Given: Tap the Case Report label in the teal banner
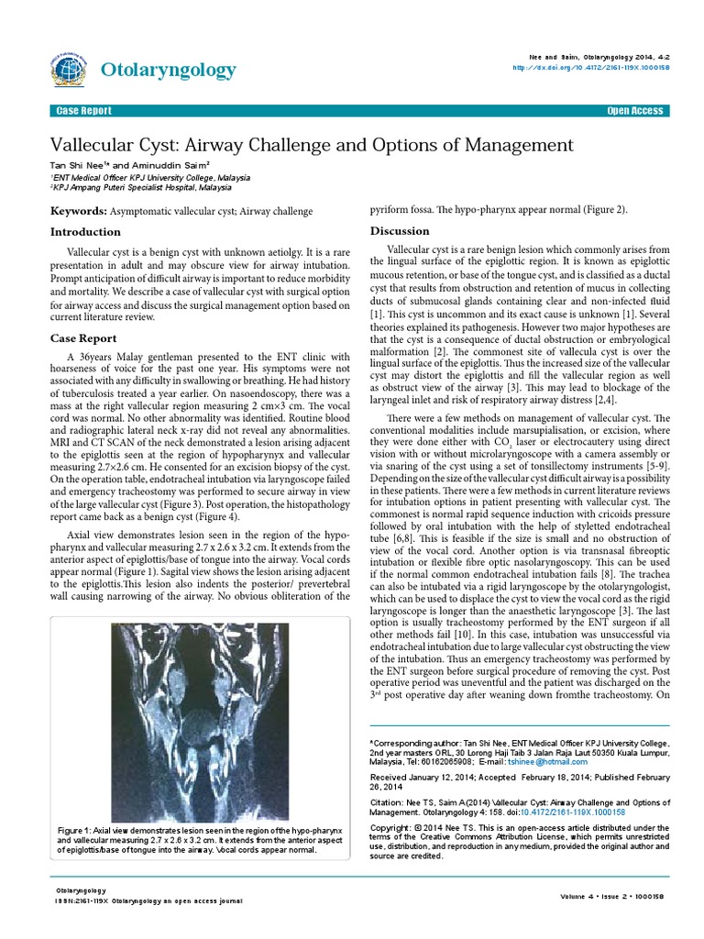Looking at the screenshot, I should coord(84,111).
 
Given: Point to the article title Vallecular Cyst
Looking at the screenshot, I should coord(311,145).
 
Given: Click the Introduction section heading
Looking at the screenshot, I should coord(85,232).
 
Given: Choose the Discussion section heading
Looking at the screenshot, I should coord(400,230).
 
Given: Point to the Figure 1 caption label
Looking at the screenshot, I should coord(76,828).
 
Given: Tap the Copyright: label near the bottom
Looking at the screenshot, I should coord(393,827).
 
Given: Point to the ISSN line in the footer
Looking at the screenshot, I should coord(148,901).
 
